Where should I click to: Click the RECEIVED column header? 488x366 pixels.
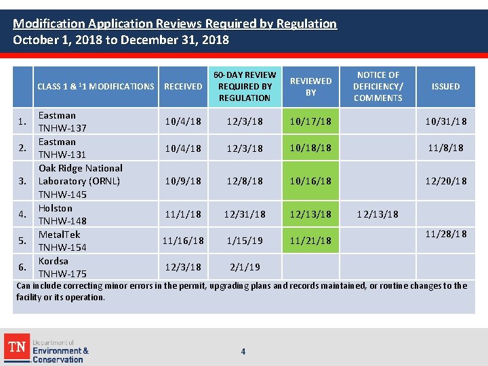[x=183, y=86]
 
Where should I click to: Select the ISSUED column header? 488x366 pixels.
[x=445, y=86]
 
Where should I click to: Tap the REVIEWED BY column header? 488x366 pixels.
[x=310, y=86]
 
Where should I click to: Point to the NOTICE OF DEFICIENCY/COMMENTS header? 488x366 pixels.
[x=378, y=86]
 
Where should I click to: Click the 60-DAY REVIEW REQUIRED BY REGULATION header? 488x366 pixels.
[x=245, y=86]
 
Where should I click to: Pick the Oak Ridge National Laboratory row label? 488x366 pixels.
[x=80, y=181]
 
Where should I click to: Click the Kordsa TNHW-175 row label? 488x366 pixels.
[x=62, y=267]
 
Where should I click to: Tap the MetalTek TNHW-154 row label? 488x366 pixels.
[x=62, y=241]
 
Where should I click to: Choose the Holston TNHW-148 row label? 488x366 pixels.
[x=62, y=214]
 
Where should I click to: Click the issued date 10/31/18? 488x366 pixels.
[x=445, y=121]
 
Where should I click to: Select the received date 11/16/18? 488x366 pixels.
[x=183, y=241]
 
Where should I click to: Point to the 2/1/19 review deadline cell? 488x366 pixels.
[x=245, y=267]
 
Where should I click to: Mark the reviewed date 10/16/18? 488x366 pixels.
[x=310, y=181]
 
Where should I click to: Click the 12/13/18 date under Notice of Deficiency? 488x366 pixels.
[x=378, y=214]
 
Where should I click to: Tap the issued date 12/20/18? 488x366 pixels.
[x=445, y=181]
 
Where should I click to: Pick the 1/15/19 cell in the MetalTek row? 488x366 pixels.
[x=245, y=241]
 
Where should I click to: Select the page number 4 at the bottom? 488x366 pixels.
[x=243, y=351]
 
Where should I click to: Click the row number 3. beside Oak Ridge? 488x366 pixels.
[x=23, y=181]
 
